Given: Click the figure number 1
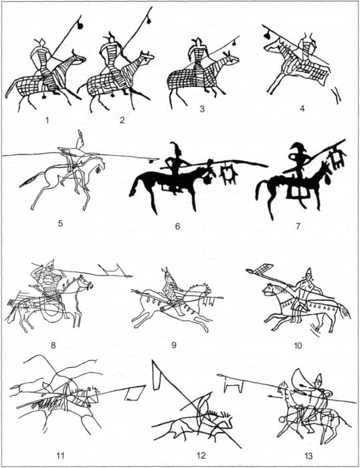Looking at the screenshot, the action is point(47,120).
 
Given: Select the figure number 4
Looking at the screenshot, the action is point(302,108).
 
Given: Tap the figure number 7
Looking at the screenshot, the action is point(298,226).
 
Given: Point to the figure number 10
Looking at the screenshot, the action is point(298,346).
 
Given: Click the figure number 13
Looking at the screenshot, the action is point(308,456).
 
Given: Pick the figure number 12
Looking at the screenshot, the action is point(201,456).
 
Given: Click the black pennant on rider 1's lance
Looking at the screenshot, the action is point(80,25).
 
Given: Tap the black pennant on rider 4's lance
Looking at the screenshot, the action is point(266,35).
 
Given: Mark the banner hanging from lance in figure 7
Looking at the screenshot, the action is point(337,157).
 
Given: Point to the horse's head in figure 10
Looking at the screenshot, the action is point(270,289).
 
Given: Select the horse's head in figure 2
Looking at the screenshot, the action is point(147,57).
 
